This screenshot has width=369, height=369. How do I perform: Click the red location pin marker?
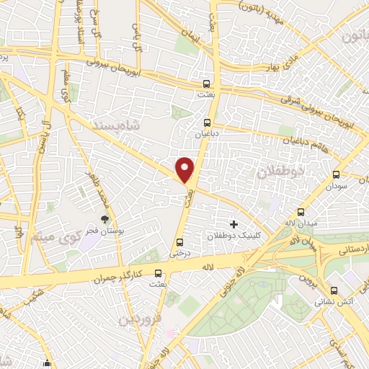click(185, 169)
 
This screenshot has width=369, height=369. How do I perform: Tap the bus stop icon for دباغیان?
click(208, 123)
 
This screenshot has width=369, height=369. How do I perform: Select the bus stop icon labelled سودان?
click(336, 174)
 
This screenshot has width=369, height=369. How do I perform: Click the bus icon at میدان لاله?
click(301, 213)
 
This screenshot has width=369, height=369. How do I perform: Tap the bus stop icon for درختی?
click(179, 242)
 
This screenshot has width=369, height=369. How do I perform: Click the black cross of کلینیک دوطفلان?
click(234, 225)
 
